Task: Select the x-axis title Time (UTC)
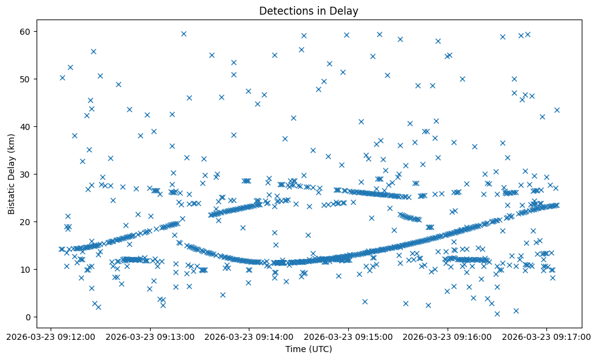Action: (309, 349)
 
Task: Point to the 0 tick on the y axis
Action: (28, 317)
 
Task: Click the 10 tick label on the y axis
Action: (26, 269)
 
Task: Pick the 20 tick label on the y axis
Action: (26, 221)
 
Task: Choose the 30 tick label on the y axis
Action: (26, 174)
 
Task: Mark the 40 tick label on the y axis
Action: (26, 126)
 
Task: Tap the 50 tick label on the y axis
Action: (26, 79)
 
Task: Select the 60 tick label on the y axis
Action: (26, 31)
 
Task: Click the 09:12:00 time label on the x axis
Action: (51, 336)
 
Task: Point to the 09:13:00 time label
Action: (150, 336)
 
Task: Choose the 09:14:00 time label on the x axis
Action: (249, 336)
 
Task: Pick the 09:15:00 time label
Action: (349, 336)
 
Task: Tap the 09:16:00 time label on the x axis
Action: (448, 336)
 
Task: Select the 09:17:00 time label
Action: (547, 336)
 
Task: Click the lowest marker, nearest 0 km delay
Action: (497, 314)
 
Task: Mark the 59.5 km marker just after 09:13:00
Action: (184, 34)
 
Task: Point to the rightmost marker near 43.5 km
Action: (557, 110)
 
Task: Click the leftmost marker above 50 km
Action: (62, 77)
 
